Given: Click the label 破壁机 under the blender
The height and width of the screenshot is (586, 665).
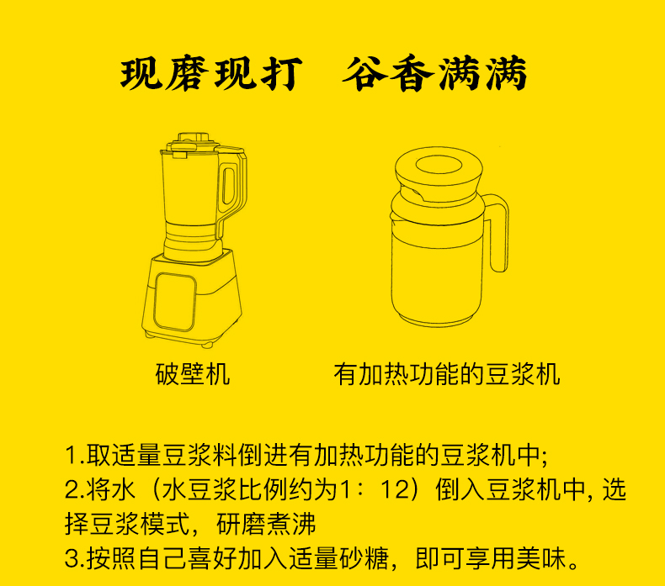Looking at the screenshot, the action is coord(193,374).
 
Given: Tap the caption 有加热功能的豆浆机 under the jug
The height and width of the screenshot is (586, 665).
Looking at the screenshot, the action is coord(447,374).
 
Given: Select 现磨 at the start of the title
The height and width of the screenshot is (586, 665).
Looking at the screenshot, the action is coord(164,74).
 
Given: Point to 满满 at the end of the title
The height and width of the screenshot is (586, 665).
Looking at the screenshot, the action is coord(482,74).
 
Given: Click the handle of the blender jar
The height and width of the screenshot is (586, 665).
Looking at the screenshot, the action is coord(232,187).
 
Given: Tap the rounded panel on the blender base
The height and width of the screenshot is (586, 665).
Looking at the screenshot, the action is coord(175,301).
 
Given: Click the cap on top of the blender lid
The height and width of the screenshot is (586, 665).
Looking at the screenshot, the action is coord(194,138).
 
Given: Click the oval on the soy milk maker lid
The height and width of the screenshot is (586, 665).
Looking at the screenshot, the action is coord(439,165).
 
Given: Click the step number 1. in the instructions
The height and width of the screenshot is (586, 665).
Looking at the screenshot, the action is coord(75,455).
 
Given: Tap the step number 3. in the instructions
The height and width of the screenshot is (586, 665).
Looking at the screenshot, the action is coord(75,558).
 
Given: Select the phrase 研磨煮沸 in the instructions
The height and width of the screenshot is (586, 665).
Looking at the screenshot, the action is coord(267,524).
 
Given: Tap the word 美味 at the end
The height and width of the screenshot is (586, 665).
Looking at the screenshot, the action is coord(540,558).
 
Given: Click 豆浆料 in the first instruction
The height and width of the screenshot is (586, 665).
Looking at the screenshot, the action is coord(199,455).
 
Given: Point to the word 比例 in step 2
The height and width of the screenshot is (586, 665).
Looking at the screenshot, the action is coord(263,490).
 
